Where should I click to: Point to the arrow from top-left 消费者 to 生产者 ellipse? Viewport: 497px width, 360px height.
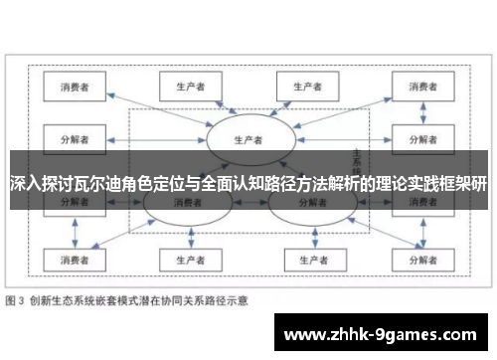pos(159,109)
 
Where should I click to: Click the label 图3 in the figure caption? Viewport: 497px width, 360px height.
pos(17,299)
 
